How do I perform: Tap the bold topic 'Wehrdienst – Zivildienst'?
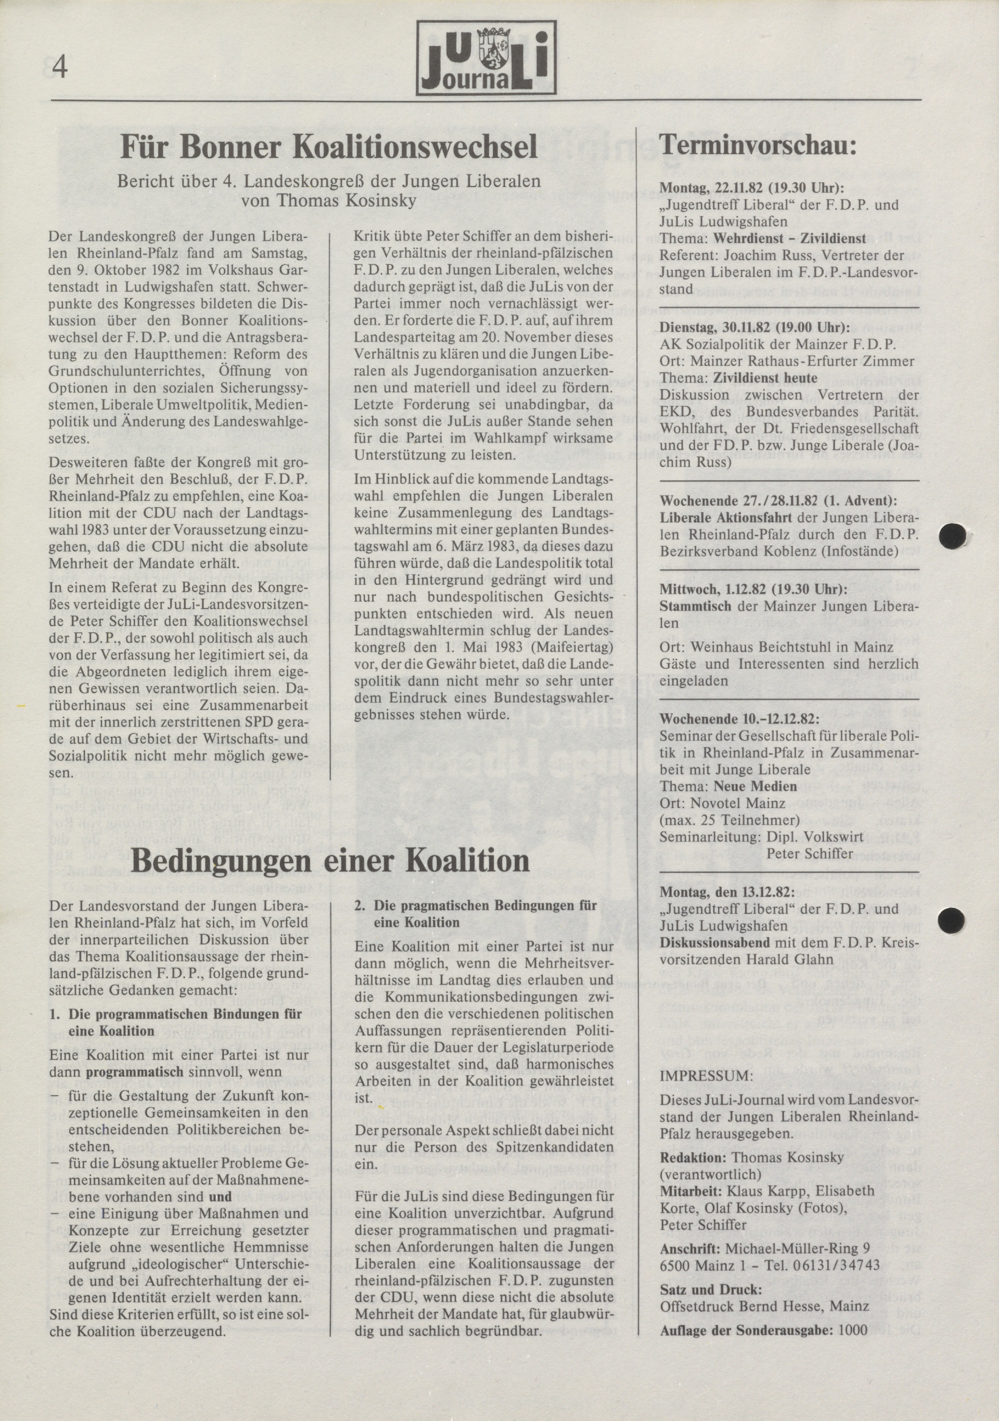tap(789, 238)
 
